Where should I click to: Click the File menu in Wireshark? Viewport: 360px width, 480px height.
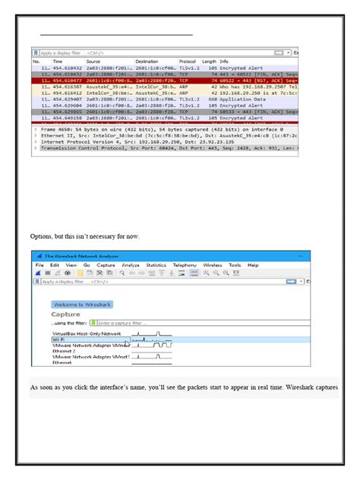(x=39, y=265)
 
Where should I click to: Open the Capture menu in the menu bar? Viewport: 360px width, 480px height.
(x=107, y=265)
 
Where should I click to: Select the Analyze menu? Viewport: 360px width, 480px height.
(x=131, y=265)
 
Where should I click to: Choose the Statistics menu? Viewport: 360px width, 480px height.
(x=156, y=265)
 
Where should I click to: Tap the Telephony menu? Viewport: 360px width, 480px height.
(x=185, y=265)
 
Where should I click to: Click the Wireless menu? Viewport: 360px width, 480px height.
(x=212, y=265)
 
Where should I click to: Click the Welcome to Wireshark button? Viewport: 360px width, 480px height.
(x=83, y=304)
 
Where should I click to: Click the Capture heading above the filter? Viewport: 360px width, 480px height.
(x=65, y=314)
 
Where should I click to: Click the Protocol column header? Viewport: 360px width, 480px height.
(x=188, y=61)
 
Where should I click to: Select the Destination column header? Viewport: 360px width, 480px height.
(x=147, y=61)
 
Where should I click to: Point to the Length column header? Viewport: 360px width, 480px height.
(x=209, y=61)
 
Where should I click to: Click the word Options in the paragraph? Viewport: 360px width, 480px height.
(x=43, y=236)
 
